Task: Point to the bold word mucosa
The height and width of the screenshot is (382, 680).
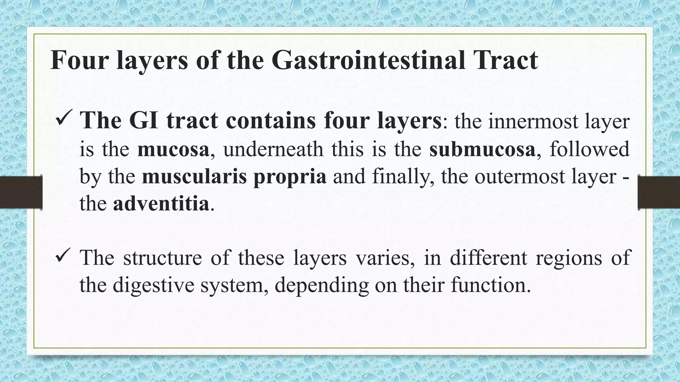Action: [173, 149]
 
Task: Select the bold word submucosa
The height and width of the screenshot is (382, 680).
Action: [482, 149]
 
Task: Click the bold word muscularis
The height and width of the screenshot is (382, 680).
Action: [194, 176]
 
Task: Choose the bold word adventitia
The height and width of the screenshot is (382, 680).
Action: [161, 204]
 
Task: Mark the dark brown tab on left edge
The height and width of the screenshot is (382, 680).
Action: [21, 192]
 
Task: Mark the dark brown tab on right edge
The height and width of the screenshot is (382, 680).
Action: [659, 192]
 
